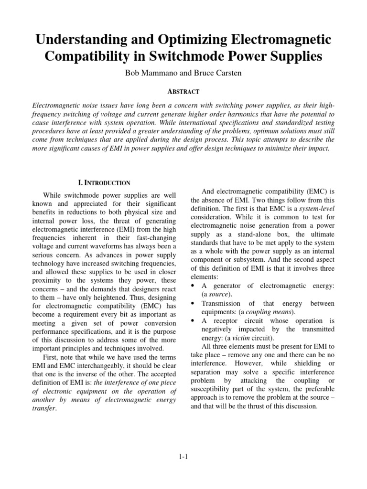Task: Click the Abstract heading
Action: coord(183,91)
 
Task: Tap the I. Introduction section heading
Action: coord(104,182)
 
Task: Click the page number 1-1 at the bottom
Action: coord(183,457)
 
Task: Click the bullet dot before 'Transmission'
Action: coord(193,303)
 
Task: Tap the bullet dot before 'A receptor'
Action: coord(193,320)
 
